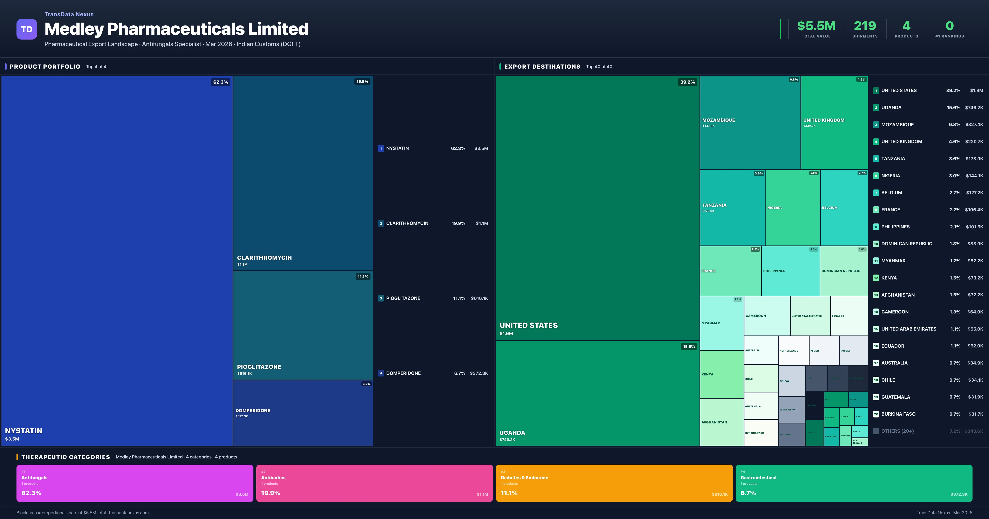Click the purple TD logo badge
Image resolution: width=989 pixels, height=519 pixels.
[27, 29]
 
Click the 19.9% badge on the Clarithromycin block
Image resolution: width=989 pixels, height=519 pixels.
[362, 81]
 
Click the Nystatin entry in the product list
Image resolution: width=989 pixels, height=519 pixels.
[397, 148]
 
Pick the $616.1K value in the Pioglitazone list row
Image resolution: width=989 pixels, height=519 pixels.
[479, 298]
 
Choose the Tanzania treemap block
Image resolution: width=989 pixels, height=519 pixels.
[732, 207]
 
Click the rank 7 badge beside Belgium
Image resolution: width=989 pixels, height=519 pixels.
[876, 193]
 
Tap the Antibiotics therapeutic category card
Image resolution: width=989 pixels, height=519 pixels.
[374, 483]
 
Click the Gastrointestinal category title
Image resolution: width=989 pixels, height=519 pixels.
[758, 478]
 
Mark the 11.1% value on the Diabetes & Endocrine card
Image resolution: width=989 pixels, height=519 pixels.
[509, 493]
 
